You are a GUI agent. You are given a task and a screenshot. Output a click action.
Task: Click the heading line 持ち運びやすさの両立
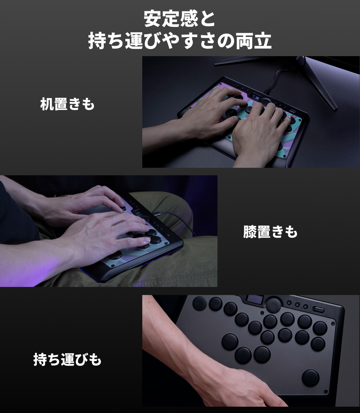click(x=179, y=41)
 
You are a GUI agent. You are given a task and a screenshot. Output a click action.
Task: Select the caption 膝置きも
click(x=270, y=232)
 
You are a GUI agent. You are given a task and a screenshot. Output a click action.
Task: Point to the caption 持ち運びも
click(x=67, y=359)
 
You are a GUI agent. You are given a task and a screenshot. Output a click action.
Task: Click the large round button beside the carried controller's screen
click(x=273, y=304)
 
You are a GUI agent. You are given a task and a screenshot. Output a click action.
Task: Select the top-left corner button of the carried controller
click(x=199, y=303)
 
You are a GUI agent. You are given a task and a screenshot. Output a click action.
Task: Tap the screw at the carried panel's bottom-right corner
click(x=325, y=391)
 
